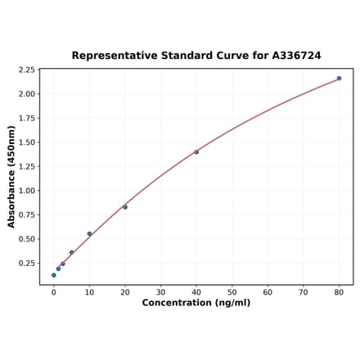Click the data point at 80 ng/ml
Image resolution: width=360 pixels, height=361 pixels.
[339, 79]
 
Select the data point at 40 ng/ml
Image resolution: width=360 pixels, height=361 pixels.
[196, 152]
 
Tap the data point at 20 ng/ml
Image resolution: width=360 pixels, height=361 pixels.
[125, 207]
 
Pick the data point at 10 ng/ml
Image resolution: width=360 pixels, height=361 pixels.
[89, 234]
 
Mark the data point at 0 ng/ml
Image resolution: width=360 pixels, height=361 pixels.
[54, 275]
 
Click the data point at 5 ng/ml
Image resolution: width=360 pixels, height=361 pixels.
[72, 252]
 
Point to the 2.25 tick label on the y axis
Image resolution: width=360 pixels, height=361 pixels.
[25, 70]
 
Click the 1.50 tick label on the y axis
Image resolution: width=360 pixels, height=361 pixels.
[25, 142]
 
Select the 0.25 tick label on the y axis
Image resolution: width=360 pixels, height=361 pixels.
[25, 264]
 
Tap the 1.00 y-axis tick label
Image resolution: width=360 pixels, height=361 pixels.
[25, 191]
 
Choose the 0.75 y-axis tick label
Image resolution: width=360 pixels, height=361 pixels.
[25, 215]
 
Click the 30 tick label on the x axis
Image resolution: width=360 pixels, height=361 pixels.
[160, 292]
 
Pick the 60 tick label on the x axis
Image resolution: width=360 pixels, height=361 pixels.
[268, 292]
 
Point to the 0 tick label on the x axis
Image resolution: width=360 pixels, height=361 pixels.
[54, 292]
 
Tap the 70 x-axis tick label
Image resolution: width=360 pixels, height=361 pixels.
[304, 292]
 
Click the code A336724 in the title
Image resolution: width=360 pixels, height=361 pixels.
[292, 56]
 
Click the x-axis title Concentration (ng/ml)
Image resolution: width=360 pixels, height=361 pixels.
[196, 303]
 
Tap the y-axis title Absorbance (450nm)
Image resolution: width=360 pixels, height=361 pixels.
[11, 177]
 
